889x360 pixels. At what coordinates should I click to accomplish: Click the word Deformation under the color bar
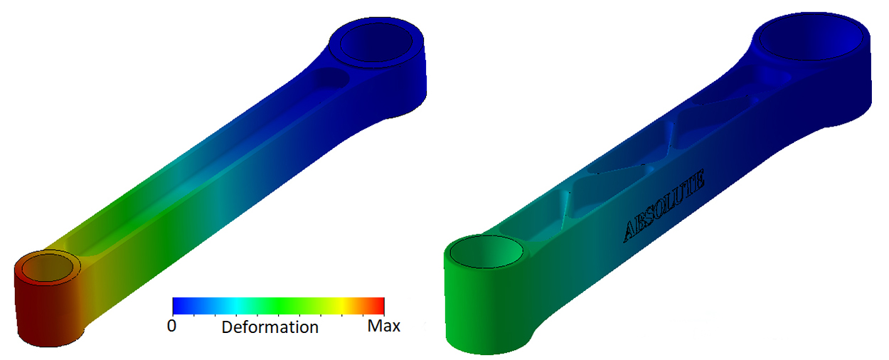[270, 327]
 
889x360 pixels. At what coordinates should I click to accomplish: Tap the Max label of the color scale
[383, 326]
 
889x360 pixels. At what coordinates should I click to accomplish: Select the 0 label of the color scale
[171, 326]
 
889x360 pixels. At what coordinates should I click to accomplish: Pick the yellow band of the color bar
[341, 305]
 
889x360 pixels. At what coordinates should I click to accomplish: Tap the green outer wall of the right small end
[484, 313]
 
